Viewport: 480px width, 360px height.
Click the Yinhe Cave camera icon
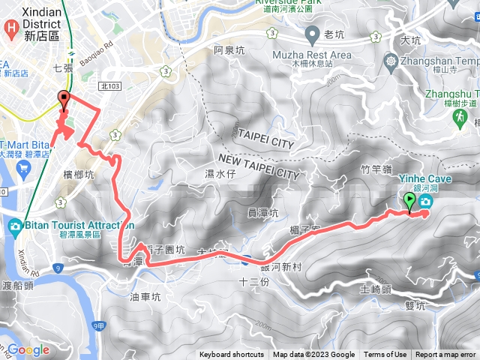(x=426, y=202)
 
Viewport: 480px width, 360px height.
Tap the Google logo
(x=28, y=349)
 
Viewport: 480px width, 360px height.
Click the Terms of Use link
(x=385, y=355)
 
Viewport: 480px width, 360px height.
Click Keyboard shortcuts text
(x=232, y=355)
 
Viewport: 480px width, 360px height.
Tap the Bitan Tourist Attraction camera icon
(x=15, y=226)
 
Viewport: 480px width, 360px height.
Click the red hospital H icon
(x=11, y=29)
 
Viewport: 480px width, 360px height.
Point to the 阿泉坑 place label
(x=229, y=51)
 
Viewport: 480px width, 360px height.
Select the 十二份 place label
(x=252, y=281)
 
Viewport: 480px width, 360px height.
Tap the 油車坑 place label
(x=145, y=296)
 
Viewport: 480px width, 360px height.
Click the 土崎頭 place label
(x=375, y=289)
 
